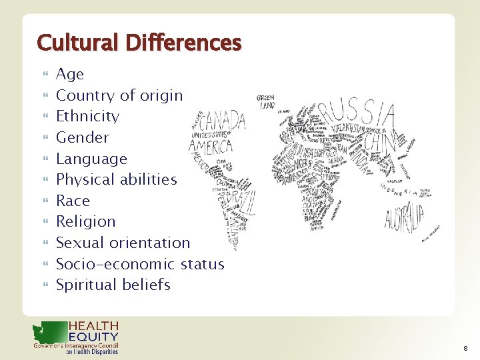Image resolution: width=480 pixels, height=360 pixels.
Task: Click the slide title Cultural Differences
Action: coord(139,43)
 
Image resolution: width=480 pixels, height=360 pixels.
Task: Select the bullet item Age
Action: coord(70,74)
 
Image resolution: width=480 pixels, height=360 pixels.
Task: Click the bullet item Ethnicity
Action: coord(87,116)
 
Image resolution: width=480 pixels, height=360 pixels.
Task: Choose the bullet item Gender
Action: coord(82,137)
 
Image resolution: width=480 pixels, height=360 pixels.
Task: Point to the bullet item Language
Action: coord(91,159)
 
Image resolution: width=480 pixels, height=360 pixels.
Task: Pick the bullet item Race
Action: coord(73,201)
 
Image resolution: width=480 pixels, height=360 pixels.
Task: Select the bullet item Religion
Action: coord(85,221)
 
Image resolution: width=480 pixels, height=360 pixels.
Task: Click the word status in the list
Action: coord(202,264)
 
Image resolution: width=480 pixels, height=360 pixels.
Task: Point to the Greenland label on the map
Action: coord(266,101)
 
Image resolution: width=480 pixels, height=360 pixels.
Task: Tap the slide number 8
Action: coord(465,348)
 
